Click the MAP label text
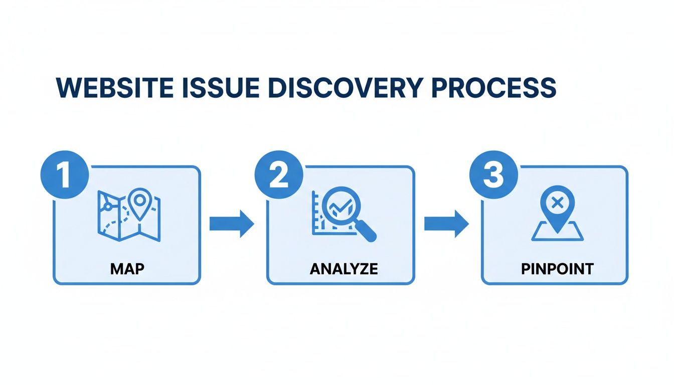127,269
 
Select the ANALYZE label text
344,269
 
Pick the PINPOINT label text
557,269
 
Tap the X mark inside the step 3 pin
557,203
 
